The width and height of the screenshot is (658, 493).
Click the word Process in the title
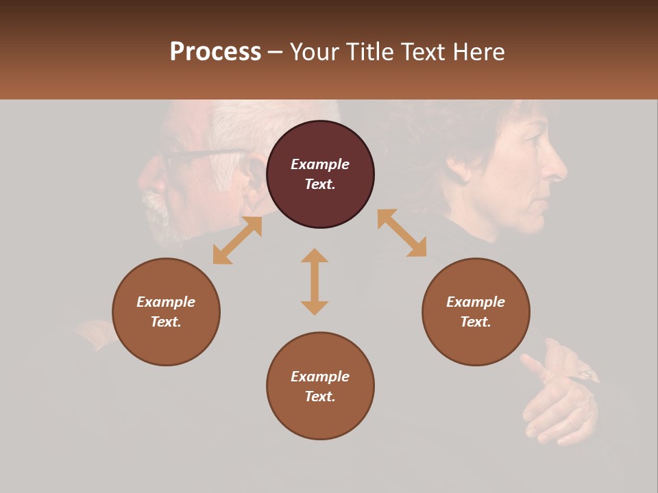pos(215,52)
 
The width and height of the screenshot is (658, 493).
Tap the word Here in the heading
pos(476,52)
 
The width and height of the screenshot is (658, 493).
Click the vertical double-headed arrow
pos(315,281)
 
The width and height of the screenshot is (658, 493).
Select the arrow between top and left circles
pos(237,240)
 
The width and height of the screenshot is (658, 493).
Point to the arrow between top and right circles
pos(402,233)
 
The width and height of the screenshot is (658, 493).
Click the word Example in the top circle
pos(320,164)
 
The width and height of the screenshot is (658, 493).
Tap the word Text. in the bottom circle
pos(320,396)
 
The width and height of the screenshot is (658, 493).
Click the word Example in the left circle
pos(166,302)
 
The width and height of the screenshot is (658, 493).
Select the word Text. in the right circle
pos(476,322)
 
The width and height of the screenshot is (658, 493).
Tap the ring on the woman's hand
pos(587,373)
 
